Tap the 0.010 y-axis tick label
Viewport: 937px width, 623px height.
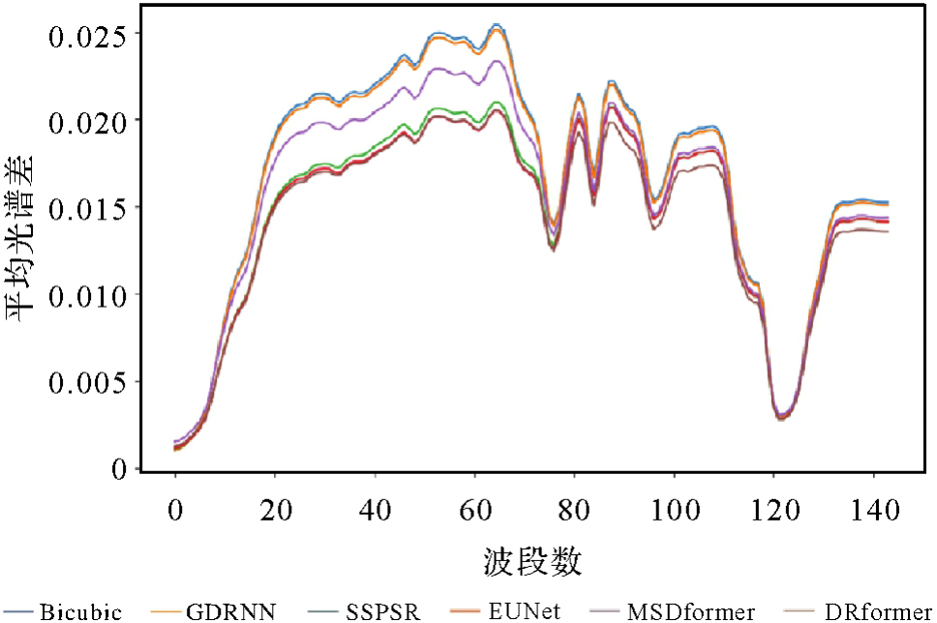(x=88, y=295)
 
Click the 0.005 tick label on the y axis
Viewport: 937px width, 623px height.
(x=88, y=382)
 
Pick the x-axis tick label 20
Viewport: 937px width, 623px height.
(x=275, y=508)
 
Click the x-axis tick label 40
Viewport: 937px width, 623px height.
(x=375, y=508)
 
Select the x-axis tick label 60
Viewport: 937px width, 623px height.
(x=474, y=508)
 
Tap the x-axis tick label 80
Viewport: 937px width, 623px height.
(x=574, y=508)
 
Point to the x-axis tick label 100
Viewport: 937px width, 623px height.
(x=674, y=508)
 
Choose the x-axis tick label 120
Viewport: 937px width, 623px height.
(x=773, y=508)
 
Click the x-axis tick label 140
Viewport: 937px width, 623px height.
(x=873, y=508)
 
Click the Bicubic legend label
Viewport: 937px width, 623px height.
(x=81, y=611)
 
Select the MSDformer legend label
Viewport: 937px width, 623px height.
(x=690, y=611)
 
